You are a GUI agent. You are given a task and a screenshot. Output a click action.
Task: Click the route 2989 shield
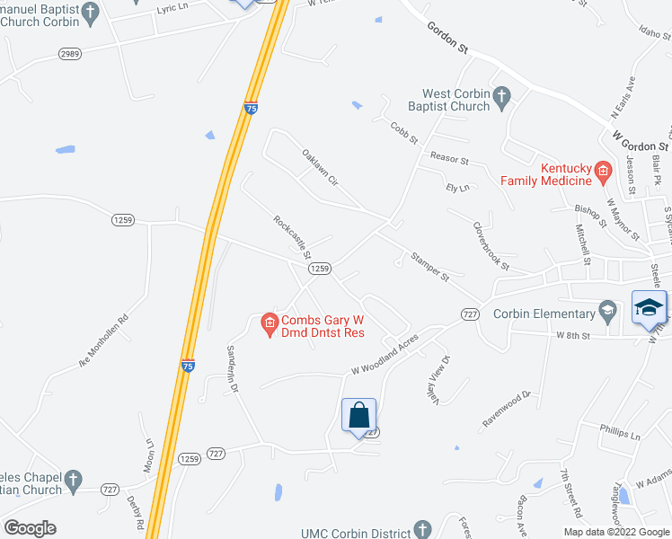[70, 54]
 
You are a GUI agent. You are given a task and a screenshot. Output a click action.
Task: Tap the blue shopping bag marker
[358, 416]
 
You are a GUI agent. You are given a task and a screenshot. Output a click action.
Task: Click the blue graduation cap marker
[649, 307]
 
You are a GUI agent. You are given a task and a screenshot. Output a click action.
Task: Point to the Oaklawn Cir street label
[319, 167]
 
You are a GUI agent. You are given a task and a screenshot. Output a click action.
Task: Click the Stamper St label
[429, 267]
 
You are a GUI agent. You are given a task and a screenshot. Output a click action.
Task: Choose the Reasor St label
[449, 159]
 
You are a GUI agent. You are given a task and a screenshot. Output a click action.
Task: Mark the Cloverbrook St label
[491, 248]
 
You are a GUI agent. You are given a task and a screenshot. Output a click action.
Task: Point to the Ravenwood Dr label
[508, 407]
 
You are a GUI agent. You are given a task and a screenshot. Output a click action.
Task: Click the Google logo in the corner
[30, 528]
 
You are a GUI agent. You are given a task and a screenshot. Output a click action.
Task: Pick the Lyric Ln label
[172, 8]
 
